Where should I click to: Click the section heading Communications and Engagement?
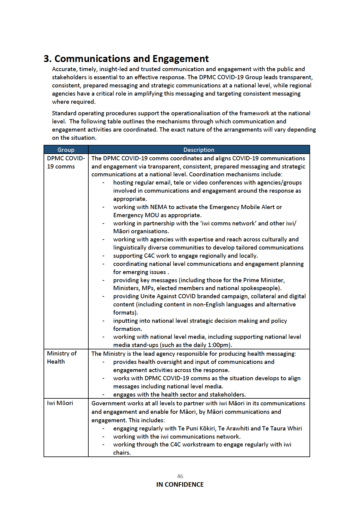click(x=126, y=58)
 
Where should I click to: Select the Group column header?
click(x=66, y=150)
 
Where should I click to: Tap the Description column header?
click(x=199, y=150)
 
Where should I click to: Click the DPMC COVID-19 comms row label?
click(x=66, y=162)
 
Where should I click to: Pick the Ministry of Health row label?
click(x=62, y=357)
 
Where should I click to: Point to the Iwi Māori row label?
click(x=60, y=403)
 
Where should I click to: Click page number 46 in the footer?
click(x=180, y=476)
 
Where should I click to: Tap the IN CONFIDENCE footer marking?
click(x=180, y=484)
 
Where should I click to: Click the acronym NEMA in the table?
click(x=159, y=207)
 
